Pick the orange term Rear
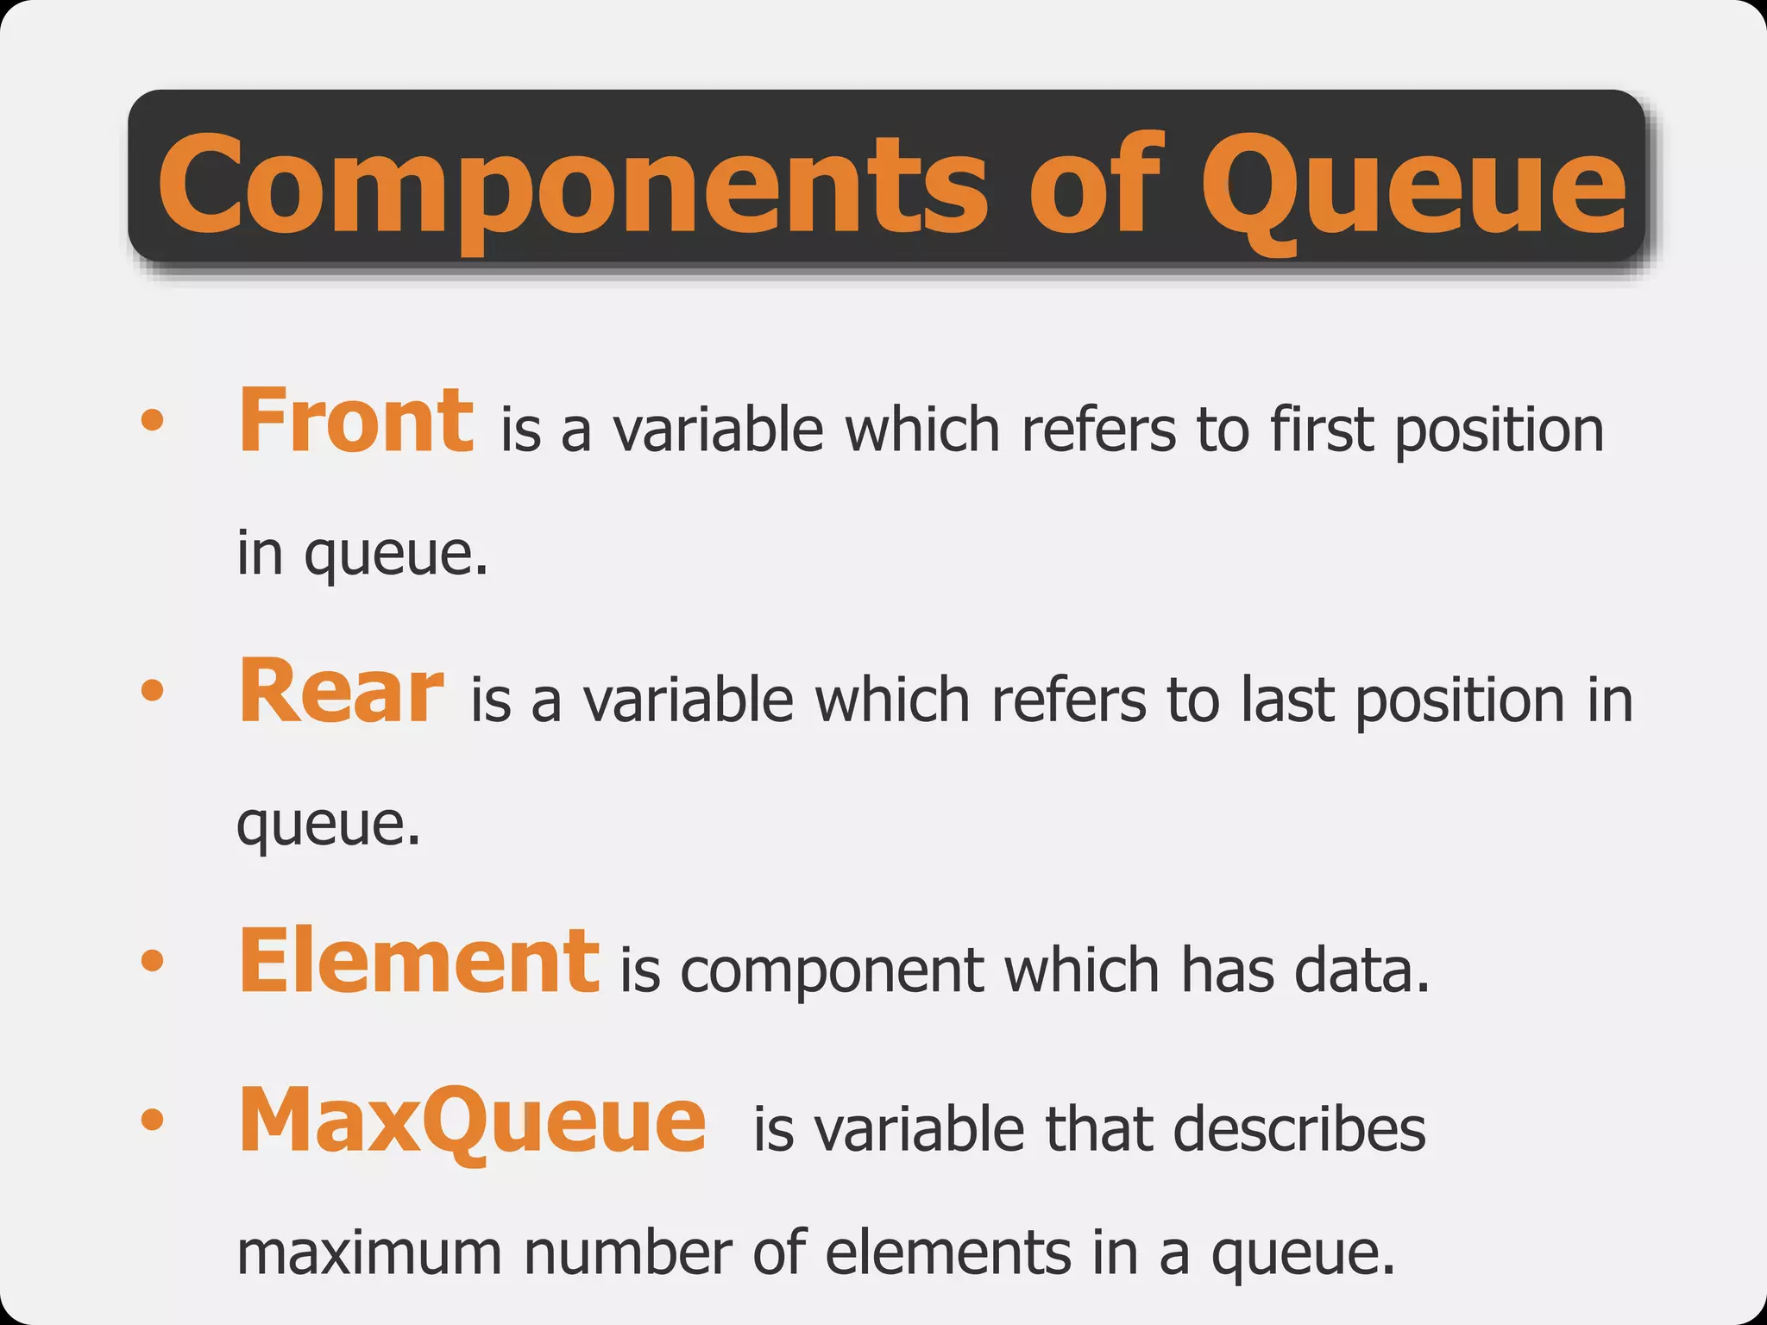pyautogui.click(x=341, y=692)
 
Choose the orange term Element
pyautogui.click(x=418, y=961)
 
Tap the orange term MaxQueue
pyautogui.click(x=472, y=1121)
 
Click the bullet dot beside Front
pyautogui.click(x=152, y=420)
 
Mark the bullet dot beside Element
pyautogui.click(x=152, y=960)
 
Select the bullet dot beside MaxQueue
pyautogui.click(x=152, y=1120)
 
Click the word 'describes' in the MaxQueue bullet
pyautogui.click(x=1299, y=1130)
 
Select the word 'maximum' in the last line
pyautogui.click(x=369, y=1253)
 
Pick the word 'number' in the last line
pyautogui.click(x=628, y=1253)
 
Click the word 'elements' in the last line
pyautogui.click(x=947, y=1253)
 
